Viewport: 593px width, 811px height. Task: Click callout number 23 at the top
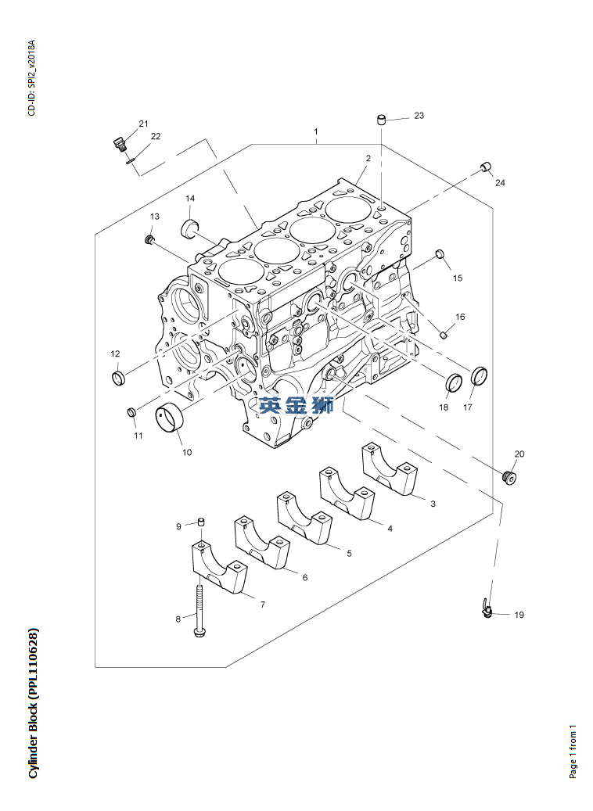[419, 116]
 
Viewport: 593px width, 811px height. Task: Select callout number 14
[190, 199]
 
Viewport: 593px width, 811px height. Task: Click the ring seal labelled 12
[118, 379]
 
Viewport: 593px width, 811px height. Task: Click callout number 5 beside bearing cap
[349, 553]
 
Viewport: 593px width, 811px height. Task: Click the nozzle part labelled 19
[487, 608]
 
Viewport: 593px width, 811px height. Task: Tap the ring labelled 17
[480, 376]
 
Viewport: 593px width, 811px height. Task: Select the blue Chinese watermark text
[296, 405]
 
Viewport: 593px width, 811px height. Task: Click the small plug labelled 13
[149, 236]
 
